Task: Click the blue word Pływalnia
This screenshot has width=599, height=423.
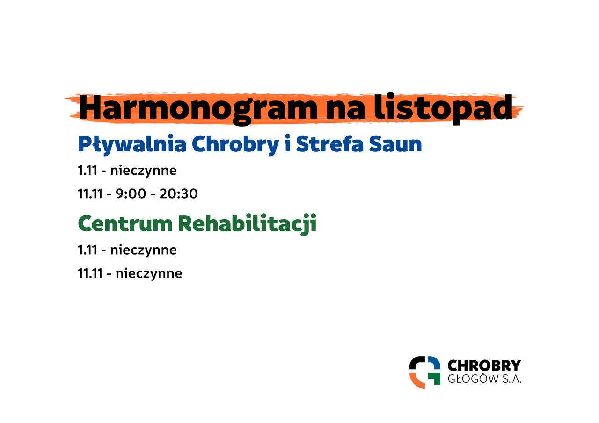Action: pos(132,145)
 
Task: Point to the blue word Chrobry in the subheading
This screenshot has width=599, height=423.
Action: pos(235,145)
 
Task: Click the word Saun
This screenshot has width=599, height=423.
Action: pos(395,144)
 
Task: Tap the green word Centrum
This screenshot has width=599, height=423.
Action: pos(125,224)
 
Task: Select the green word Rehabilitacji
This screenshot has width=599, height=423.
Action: pos(247,224)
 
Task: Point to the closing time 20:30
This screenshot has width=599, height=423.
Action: pos(178,194)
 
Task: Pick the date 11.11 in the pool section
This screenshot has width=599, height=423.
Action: pos(90,194)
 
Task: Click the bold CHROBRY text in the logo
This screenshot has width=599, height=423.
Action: pos(484,366)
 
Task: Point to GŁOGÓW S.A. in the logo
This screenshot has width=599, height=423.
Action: pos(484,379)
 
